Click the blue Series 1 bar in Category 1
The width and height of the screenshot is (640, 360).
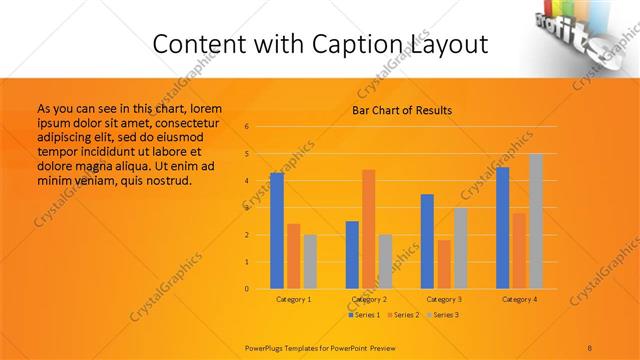pos(276,230)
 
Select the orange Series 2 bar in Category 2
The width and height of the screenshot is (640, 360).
pos(369,229)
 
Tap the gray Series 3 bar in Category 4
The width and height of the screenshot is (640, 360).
pos(536,221)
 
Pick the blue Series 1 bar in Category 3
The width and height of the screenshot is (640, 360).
pos(427,241)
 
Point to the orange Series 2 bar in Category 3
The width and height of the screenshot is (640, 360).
pos(444,264)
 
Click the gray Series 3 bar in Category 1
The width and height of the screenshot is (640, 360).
pos(310,261)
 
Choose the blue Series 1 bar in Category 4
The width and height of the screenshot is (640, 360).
pos(503,227)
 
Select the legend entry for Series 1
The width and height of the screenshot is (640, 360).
pos(364,315)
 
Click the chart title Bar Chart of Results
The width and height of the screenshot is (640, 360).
pos(402,110)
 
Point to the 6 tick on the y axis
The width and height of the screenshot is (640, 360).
pos(246,127)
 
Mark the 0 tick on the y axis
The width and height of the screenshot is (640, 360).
pos(246,289)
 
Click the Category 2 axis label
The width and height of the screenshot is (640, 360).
pos(369,299)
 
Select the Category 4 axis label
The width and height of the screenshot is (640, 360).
pos(519,299)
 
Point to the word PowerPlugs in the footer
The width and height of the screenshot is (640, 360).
pos(268,347)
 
